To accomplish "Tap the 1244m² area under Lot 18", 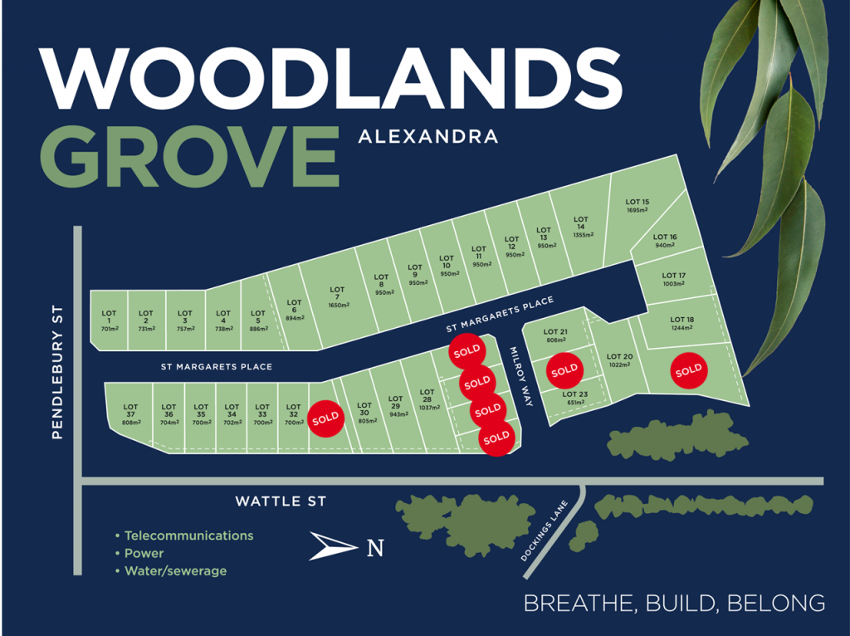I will point(682,328).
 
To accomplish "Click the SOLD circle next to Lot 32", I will point(325,417).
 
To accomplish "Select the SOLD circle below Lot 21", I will point(564,369).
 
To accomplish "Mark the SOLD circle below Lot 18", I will point(688,370).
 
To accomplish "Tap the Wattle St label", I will point(281,501).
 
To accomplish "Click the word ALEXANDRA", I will point(428,135).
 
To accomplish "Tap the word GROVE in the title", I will point(190,156).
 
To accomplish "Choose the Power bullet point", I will point(144,553).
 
